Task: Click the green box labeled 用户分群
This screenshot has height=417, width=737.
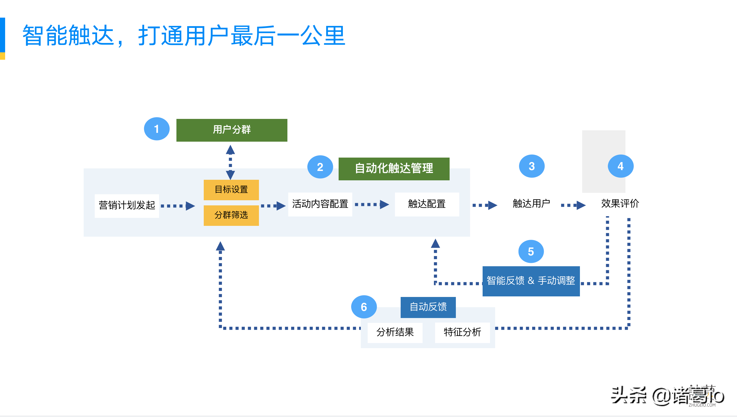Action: coord(231,130)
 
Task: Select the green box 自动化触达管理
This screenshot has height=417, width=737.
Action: coord(394,169)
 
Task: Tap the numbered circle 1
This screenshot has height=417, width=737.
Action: coord(157,129)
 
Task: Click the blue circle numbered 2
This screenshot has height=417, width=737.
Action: coord(320,167)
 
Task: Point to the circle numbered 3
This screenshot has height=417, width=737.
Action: coord(531,166)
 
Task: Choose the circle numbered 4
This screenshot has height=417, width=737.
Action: coord(620,166)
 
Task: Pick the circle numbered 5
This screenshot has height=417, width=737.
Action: coord(531,251)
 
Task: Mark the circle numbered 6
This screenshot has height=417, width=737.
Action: coord(363,307)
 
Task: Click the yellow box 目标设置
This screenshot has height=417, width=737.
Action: coord(231,190)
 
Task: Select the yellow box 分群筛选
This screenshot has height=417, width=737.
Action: coord(231,215)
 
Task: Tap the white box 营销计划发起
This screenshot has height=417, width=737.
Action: coord(127,206)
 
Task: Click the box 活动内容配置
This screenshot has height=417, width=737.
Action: coord(320,204)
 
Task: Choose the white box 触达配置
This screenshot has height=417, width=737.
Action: coord(427,204)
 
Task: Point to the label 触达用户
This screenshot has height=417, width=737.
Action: coord(531,204)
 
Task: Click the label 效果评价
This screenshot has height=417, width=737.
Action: coord(619,204)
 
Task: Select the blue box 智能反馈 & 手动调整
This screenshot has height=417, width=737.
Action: coord(531,281)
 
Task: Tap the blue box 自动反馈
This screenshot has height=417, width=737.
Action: coord(428,307)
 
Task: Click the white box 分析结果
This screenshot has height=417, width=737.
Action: coord(395,332)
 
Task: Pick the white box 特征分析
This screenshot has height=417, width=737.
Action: coord(462,332)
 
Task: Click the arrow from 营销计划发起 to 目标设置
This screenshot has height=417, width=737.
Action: coord(178,206)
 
